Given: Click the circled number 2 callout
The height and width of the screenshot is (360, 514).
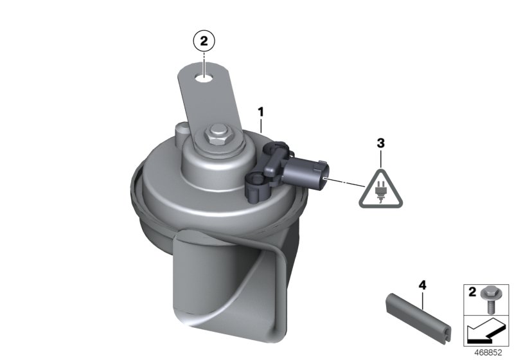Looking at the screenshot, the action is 204,41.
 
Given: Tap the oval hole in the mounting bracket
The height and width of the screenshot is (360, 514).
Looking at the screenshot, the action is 204,78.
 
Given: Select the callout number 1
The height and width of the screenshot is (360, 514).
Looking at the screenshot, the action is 261,112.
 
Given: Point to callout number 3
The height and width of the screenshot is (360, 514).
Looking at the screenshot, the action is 380,143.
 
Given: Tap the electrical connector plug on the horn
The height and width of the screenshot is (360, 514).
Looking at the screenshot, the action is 306,173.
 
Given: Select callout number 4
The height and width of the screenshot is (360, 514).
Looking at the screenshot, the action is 423,285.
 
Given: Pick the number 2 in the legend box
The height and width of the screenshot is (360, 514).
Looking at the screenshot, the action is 472,291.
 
